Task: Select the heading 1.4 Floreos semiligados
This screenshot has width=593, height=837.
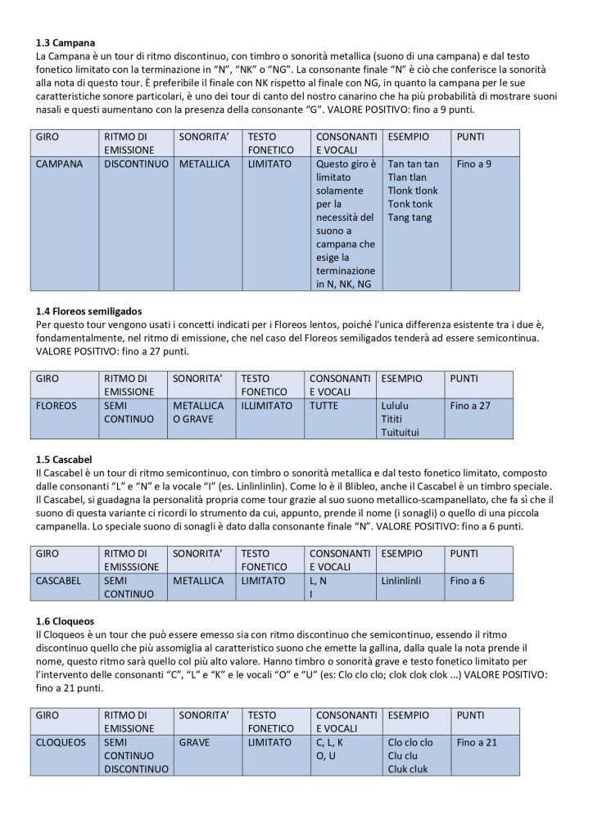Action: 89,311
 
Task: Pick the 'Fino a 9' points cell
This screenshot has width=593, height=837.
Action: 474,164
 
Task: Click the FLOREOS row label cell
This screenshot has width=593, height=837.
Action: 57,405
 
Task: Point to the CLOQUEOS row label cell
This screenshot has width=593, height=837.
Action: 61,742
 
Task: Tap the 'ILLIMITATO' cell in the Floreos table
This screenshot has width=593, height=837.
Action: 266,405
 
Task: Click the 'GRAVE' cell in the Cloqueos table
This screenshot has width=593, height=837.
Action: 193,742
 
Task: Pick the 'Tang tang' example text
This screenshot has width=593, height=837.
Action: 409,217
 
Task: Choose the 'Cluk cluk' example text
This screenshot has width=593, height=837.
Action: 407,768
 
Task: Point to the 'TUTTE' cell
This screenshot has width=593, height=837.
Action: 326,405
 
